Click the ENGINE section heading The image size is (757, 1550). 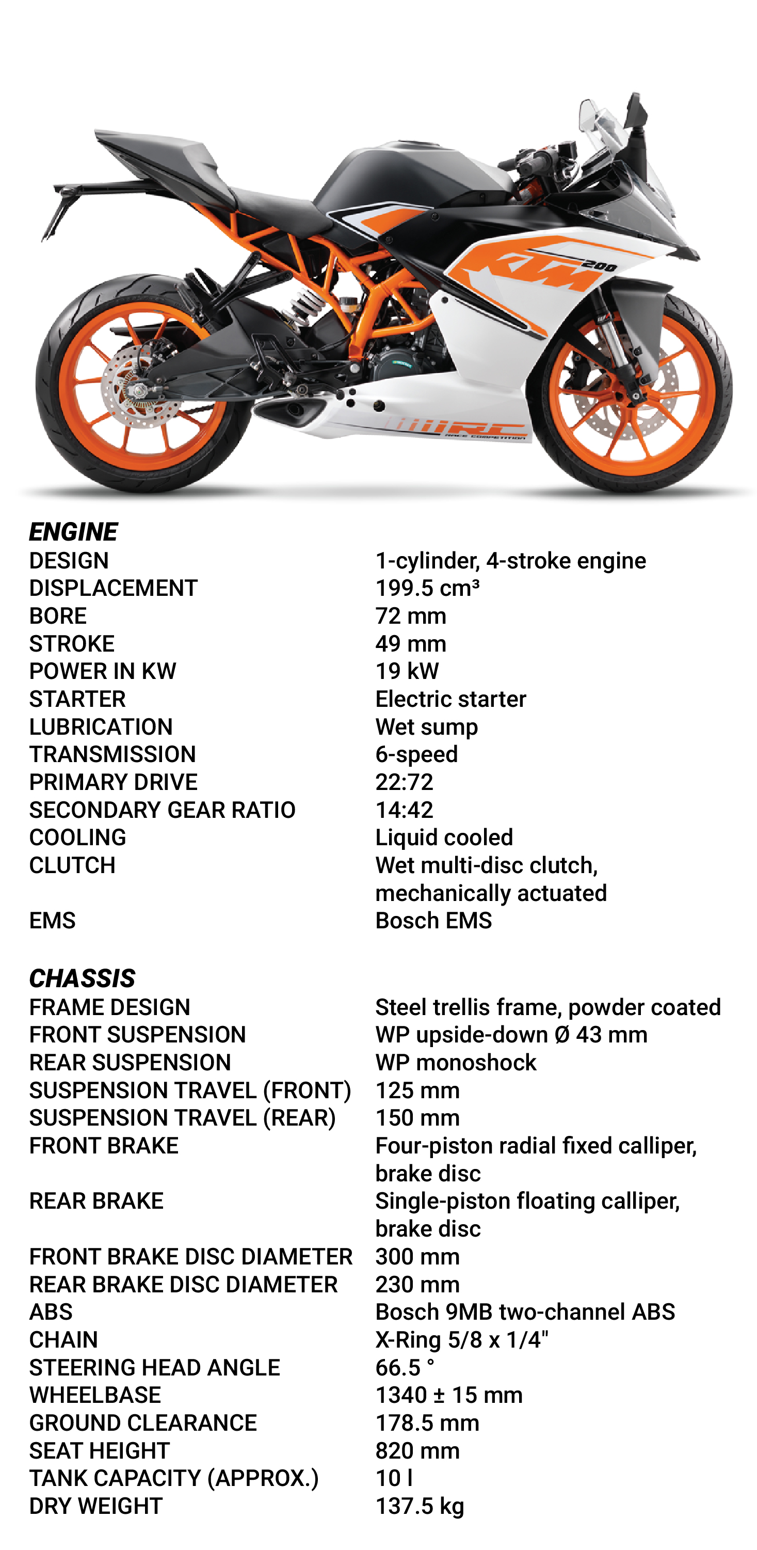tap(73, 532)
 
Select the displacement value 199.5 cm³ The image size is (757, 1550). tap(427, 588)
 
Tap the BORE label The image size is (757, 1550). tap(58, 615)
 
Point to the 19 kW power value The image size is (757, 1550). tap(407, 671)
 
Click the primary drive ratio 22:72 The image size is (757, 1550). tap(404, 782)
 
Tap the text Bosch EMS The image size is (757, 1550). tap(433, 921)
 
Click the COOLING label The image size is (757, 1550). tap(77, 837)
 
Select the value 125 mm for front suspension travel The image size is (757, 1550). tap(417, 1090)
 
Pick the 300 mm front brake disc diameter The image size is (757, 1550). tap(417, 1256)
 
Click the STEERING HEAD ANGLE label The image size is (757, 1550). tap(154, 1367)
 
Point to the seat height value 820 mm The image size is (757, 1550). tap(417, 1450)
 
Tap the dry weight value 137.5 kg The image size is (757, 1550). tap(420, 1506)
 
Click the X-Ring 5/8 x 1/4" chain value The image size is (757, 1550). tap(462, 1339)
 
